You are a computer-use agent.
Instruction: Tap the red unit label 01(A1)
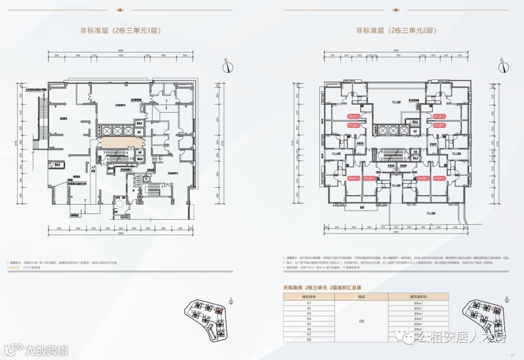tap(439, 116)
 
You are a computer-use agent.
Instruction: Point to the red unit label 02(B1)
tap(439, 125)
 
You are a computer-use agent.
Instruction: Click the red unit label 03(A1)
tap(439, 178)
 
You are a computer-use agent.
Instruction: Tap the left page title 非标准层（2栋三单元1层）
tap(120, 30)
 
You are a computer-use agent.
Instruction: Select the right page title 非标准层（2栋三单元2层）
tap(396, 30)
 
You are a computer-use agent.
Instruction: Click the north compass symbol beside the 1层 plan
tap(226, 67)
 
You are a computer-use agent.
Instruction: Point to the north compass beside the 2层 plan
tap(503, 66)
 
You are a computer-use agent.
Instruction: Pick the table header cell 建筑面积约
tap(418, 296)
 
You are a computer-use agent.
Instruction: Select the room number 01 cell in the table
tap(309, 303)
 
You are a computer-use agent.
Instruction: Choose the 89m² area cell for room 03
tap(418, 314)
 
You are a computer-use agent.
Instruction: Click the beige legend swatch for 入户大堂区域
tap(15, 267)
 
